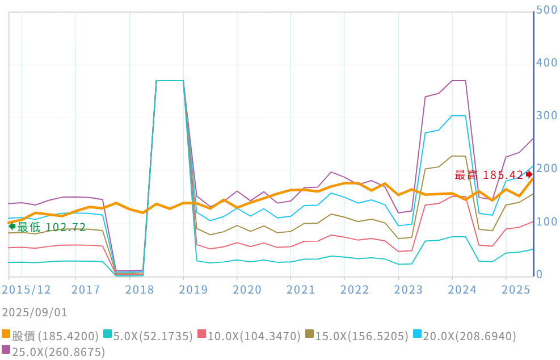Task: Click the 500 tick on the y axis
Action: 547,10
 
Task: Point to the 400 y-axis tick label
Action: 547,63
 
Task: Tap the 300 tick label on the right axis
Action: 547,116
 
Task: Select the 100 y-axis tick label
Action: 547,221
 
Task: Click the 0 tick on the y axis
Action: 540,275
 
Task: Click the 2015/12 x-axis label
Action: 27,290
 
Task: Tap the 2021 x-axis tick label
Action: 301,290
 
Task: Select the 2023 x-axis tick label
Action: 409,290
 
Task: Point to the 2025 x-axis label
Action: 516,290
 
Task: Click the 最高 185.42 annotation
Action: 489,175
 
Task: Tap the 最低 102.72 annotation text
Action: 51,227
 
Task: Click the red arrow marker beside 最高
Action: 529,174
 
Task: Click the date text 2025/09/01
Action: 35,312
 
